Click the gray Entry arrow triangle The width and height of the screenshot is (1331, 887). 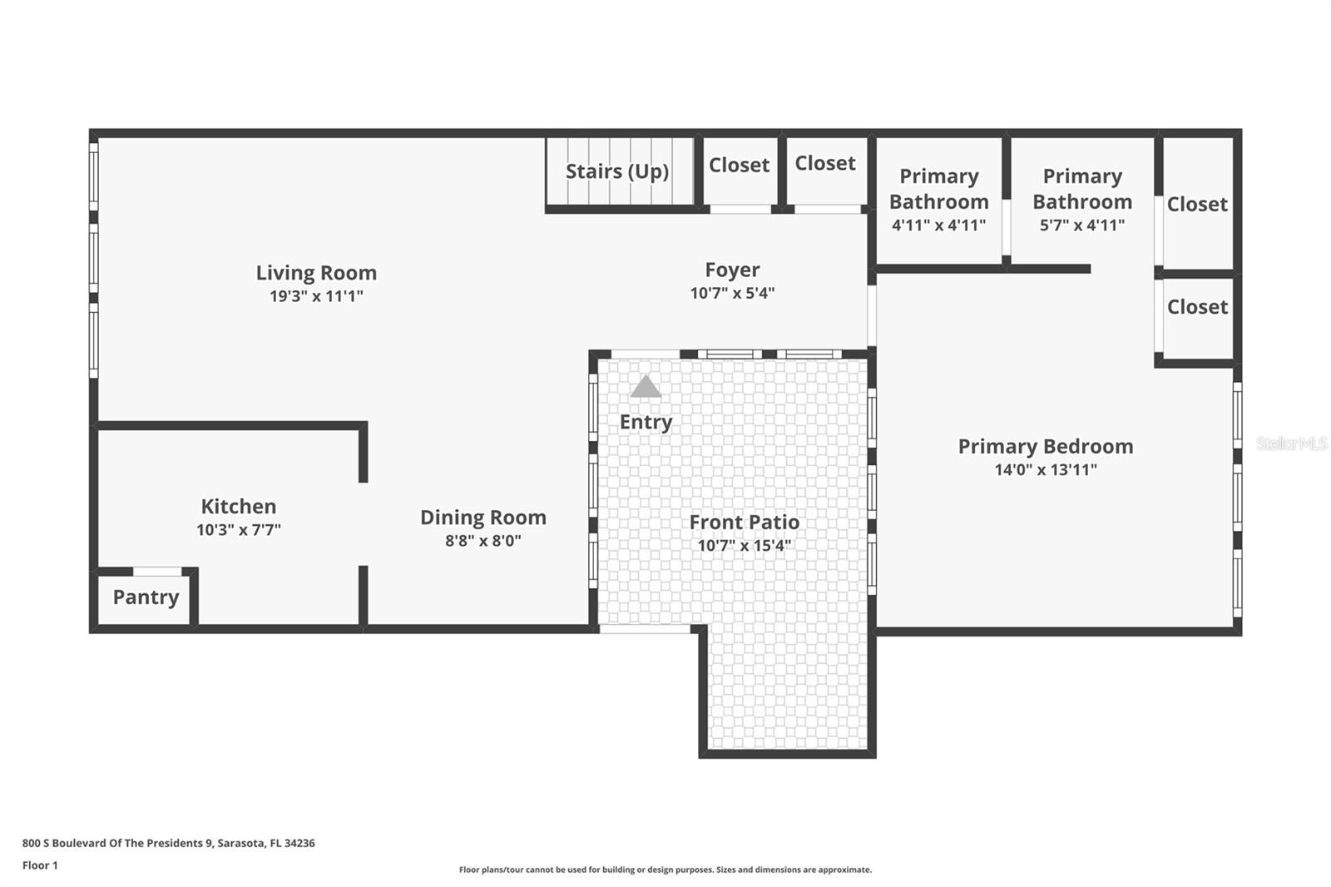click(646, 387)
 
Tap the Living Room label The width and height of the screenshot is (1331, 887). click(316, 273)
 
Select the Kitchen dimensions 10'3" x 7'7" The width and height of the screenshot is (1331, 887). click(239, 530)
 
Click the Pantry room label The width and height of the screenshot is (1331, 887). click(146, 597)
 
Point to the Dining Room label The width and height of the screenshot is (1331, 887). click(482, 518)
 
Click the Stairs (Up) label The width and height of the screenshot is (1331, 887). click(617, 171)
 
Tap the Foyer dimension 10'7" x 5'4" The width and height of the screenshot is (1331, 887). click(732, 293)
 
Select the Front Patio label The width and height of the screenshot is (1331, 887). click(744, 523)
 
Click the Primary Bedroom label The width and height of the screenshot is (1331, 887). click(1045, 447)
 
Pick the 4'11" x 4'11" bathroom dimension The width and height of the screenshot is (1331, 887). click(938, 225)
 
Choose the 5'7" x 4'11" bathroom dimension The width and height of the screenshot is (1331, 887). click(1081, 225)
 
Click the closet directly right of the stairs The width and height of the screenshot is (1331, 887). click(739, 166)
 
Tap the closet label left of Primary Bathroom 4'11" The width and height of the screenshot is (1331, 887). click(824, 164)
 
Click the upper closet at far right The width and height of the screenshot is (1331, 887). click(1197, 205)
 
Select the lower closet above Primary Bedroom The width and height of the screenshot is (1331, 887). click(1197, 307)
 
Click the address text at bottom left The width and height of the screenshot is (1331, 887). click(168, 843)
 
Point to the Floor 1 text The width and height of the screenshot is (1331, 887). click(40, 865)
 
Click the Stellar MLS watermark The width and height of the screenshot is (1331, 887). click(1291, 444)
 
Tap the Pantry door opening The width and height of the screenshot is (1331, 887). click(157, 572)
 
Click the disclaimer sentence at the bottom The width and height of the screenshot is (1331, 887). click(665, 870)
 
